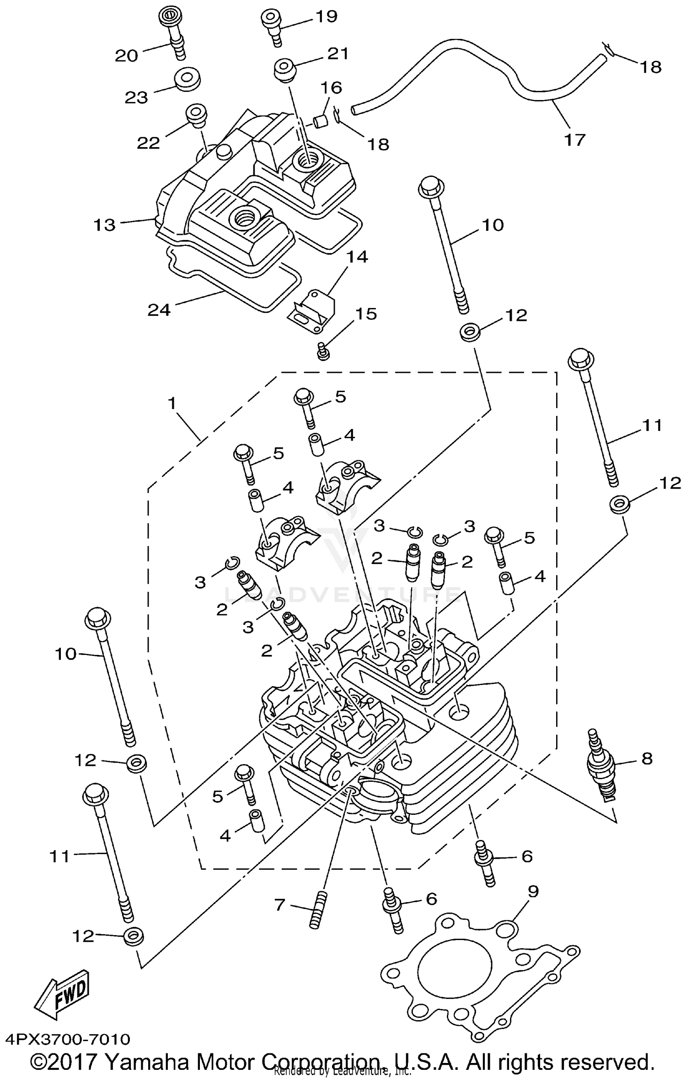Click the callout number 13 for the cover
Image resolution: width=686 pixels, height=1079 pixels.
105,225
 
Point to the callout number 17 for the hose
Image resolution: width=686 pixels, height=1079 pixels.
575,139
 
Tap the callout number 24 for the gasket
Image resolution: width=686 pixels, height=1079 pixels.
159,310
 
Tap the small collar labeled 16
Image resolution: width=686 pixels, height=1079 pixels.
320,122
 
